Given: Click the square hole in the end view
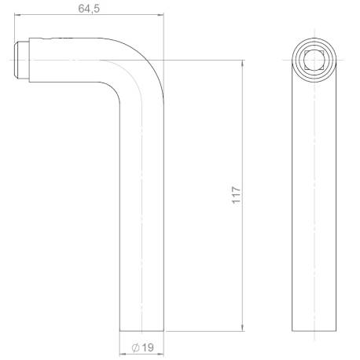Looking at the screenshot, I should pos(313,60).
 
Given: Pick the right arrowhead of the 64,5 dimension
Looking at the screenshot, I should pos(162,15).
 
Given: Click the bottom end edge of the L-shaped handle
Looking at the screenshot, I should pos(142,331).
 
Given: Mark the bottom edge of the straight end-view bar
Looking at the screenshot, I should pos(313,331).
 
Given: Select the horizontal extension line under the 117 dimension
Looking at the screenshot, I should pos(204,331).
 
